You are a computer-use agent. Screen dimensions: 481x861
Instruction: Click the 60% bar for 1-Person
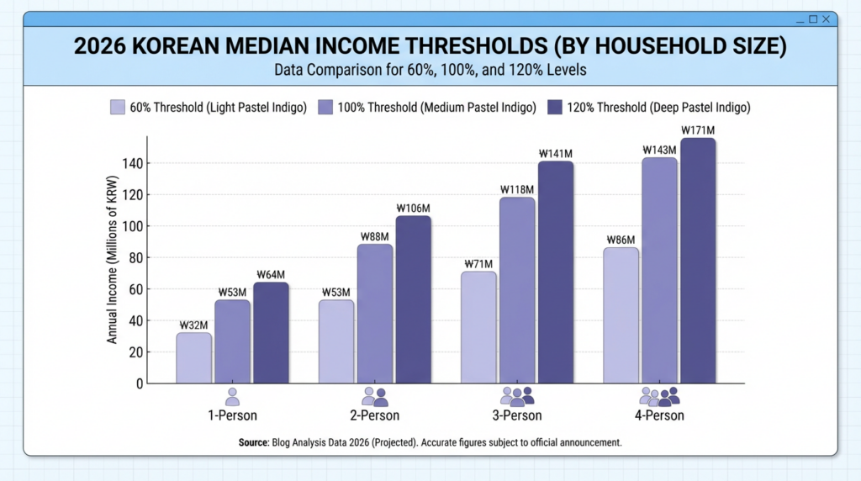[x=193, y=357]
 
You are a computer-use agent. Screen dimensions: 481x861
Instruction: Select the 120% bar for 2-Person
[x=413, y=299]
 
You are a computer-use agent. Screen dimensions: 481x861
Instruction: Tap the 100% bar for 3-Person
[x=517, y=290]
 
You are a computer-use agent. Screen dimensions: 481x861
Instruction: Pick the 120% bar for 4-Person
[x=698, y=261]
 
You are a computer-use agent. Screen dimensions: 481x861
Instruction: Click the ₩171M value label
[x=698, y=130]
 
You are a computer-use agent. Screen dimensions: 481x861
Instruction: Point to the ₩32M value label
[x=193, y=325]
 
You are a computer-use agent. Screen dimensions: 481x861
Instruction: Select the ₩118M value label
[x=517, y=189]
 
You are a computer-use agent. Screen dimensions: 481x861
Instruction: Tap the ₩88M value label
[x=375, y=236]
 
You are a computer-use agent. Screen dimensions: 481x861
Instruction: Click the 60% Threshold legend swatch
[x=118, y=108]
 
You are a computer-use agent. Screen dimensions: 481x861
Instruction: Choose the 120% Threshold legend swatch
[x=555, y=108]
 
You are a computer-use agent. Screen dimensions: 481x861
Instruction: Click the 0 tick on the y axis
[x=140, y=383]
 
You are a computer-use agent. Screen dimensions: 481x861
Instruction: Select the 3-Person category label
[x=517, y=415]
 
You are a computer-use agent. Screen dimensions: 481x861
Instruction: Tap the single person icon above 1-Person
[x=232, y=396]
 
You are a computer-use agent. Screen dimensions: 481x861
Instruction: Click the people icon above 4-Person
[x=659, y=396]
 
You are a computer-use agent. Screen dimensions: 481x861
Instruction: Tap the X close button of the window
[x=827, y=18]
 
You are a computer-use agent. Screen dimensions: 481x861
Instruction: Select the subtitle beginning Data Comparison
[x=430, y=70]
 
